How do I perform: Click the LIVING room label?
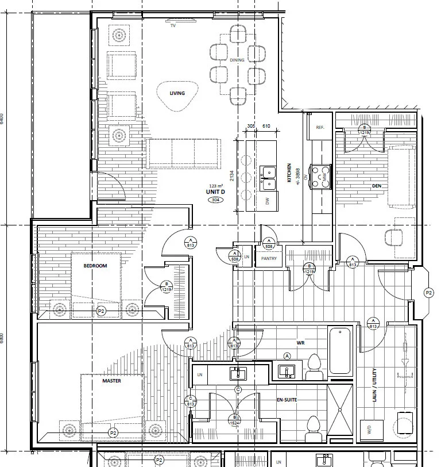[x=176, y=93]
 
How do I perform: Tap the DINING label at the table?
[x=237, y=60]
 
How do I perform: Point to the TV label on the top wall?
[x=173, y=26]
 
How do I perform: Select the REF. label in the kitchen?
[x=320, y=128]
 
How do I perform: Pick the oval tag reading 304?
[x=216, y=200]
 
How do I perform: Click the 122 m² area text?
[x=216, y=185]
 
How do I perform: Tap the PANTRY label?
[x=268, y=258]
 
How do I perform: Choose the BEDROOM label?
[x=95, y=265]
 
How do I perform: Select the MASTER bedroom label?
[x=111, y=381]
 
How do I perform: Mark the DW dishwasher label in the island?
[x=266, y=201]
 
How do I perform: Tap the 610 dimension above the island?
[x=266, y=125]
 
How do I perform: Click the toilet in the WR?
[x=314, y=366]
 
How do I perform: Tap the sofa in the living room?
[x=183, y=153]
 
